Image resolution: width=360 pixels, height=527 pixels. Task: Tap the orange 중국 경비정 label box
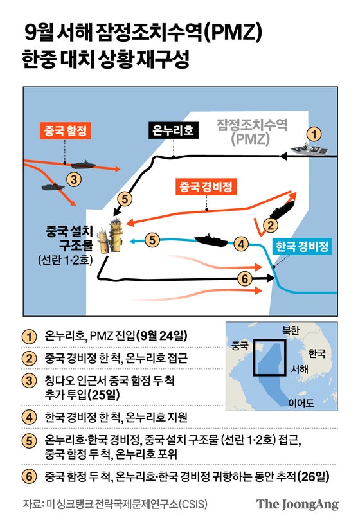206,187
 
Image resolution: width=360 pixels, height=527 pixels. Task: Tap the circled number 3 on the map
75,179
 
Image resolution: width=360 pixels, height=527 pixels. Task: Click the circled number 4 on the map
241,244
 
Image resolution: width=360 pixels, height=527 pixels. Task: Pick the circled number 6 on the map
244,278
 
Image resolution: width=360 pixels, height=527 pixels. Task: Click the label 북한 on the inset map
291,331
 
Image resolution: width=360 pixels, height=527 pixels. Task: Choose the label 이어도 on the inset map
301,403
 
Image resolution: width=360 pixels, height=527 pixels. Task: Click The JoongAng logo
297,504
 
